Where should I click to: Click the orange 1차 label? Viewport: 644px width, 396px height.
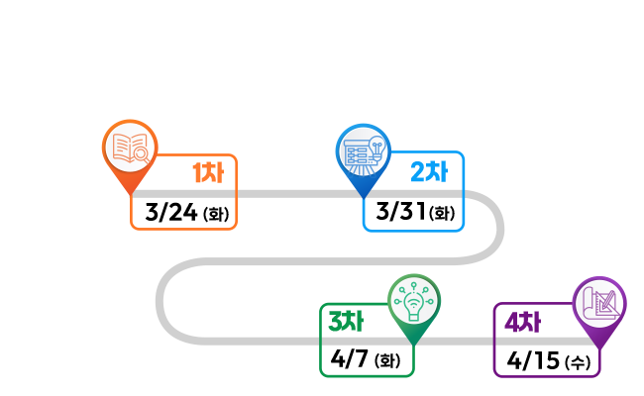(208, 173)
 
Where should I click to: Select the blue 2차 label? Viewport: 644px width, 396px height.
(429, 171)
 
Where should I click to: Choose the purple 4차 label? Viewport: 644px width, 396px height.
(521, 323)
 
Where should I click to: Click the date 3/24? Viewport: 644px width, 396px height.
(170, 212)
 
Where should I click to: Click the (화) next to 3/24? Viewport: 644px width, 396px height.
(215, 214)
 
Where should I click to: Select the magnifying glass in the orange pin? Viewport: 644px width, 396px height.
(141, 153)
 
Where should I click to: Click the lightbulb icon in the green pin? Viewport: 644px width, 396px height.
(413, 298)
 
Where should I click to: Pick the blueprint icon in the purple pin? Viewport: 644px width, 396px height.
(600, 299)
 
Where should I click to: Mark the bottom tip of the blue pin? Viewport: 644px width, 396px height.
(361, 194)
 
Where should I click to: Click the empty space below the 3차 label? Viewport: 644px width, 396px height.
(367, 357)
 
